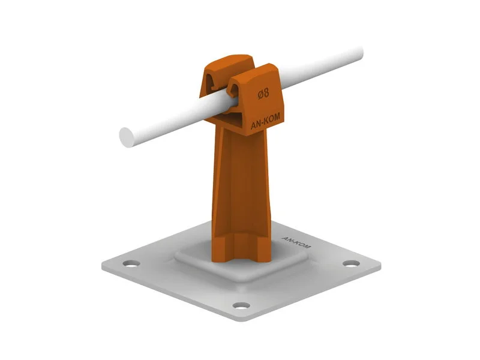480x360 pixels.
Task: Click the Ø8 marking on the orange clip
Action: click(x=263, y=93)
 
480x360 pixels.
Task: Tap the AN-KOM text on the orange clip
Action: click(x=265, y=121)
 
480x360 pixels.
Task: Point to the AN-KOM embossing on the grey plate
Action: click(x=296, y=242)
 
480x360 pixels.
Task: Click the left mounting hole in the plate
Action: click(x=131, y=263)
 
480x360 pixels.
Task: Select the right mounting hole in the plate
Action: click(x=351, y=263)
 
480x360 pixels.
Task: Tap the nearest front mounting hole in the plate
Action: click(x=241, y=305)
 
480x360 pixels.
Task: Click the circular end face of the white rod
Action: click(x=127, y=137)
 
